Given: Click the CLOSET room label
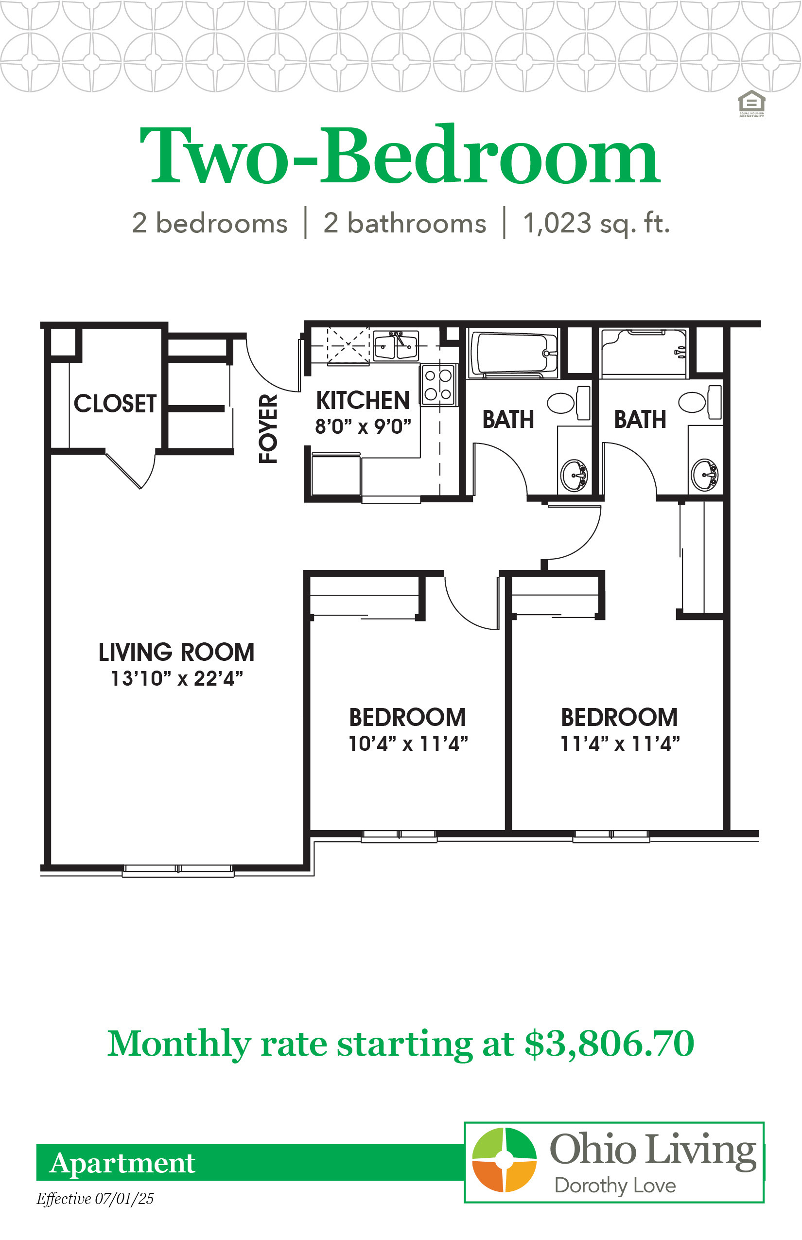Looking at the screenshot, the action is click(x=115, y=403).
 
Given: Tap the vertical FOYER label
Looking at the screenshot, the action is click(x=268, y=428).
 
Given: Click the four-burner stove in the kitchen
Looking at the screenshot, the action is click(x=438, y=385).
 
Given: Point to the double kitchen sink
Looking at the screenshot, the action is click(x=396, y=345).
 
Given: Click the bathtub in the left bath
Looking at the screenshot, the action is click(x=513, y=352).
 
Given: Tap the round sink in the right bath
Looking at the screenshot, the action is click(x=705, y=475).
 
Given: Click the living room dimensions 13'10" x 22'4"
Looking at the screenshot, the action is click(x=177, y=679).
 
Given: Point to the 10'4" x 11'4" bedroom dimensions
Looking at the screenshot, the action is click(x=408, y=744).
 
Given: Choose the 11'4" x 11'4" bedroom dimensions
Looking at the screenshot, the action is click(x=620, y=744).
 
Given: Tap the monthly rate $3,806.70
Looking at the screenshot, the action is click(x=610, y=1044).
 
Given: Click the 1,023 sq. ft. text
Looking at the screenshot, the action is click(x=596, y=224).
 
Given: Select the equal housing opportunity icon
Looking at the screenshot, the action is click(x=751, y=104).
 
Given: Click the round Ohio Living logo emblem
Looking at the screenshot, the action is click(x=504, y=1159).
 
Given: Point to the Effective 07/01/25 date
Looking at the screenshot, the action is click(x=95, y=1199).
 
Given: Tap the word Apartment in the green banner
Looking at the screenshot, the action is click(x=122, y=1163).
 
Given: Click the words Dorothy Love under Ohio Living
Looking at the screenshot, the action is click(x=615, y=1186).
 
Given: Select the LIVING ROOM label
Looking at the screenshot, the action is click(x=176, y=652).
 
